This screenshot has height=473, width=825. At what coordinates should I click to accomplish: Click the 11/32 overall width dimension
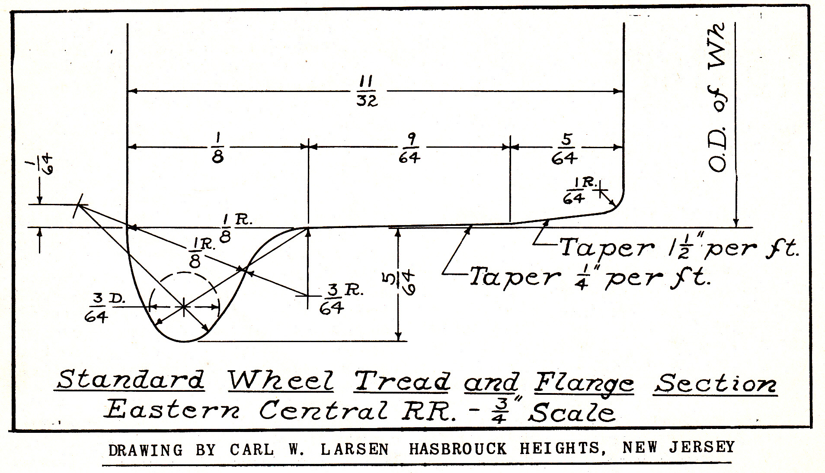click(367, 91)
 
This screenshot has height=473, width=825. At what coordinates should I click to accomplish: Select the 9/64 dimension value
click(409, 148)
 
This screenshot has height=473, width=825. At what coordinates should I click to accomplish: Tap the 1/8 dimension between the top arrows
click(217, 148)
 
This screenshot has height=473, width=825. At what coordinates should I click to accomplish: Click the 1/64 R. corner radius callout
click(577, 190)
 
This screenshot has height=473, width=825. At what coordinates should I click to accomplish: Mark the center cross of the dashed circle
click(184, 306)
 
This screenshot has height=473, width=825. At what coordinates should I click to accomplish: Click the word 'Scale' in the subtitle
click(572, 413)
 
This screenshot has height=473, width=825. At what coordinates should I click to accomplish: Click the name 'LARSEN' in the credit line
click(354, 450)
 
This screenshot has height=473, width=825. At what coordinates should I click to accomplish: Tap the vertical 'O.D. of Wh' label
click(718, 97)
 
